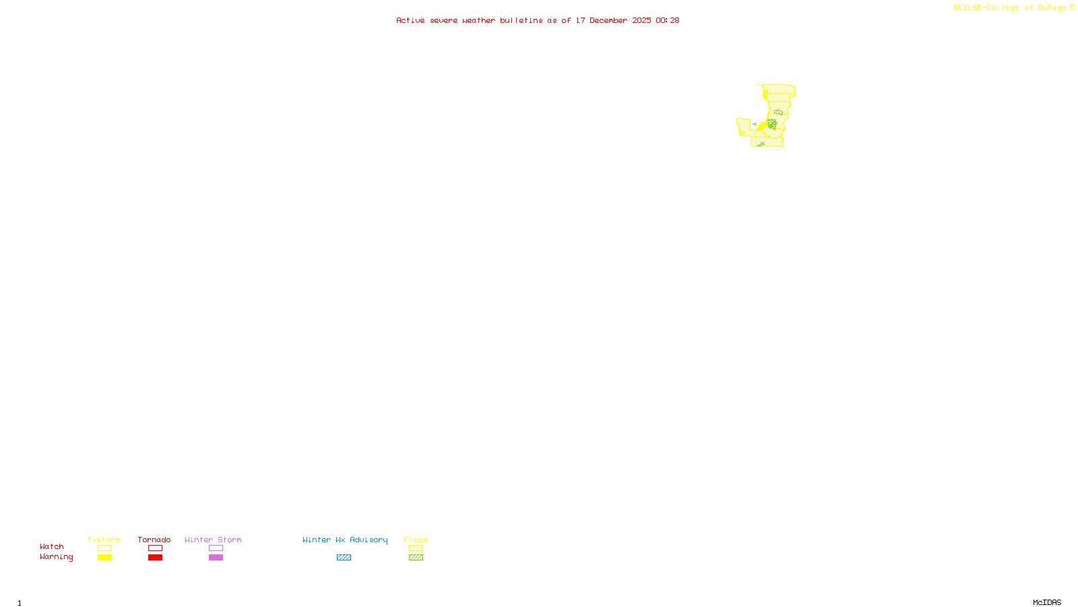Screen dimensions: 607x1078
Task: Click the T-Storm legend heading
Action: [104, 540]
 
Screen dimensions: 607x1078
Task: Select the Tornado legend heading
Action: [154, 540]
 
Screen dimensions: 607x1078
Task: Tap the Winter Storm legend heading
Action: [213, 540]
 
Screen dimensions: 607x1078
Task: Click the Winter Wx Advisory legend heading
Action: [345, 540]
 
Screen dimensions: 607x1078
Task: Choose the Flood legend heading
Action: [416, 540]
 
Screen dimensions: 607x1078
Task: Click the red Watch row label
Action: [52, 546]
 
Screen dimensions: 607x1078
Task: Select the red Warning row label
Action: [57, 557]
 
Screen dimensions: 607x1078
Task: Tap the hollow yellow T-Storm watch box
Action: [104, 548]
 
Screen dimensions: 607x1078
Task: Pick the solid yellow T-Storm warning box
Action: [104, 558]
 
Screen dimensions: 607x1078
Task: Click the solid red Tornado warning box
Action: [156, 558]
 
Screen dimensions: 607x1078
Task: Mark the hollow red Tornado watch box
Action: [156, 548]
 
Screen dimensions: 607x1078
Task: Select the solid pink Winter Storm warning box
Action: [216, 558]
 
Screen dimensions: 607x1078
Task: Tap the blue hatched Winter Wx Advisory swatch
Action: [344, 558]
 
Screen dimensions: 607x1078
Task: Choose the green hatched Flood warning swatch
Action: [416, 558]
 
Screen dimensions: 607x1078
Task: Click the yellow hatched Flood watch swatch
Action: [416, 548]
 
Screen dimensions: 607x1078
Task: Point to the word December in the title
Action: [608, 20]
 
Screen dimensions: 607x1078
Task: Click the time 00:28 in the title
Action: [668, 20]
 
